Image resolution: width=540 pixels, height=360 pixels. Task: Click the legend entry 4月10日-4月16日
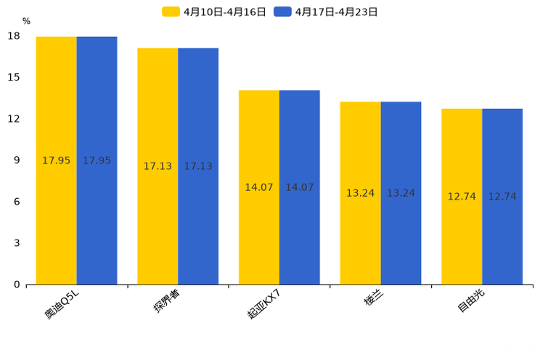pos(214,12)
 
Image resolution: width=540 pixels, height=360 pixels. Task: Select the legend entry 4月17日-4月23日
pos(326,12)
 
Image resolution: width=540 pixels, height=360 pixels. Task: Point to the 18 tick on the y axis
pos(13,36)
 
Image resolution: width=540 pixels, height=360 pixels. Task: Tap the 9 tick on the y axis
pos(16,160)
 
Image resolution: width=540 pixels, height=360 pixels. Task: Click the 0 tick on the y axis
pos(16,285)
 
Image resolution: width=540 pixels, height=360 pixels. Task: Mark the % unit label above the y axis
pos(26,21)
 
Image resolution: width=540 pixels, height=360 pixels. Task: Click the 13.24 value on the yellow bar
pos(360,193)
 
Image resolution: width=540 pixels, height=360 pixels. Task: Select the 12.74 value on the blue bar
pos(502,197)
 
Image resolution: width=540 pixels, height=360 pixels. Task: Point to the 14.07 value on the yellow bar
pos(259,187)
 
